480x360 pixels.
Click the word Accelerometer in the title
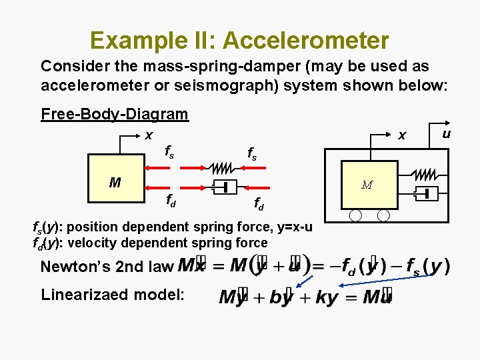click(306, 41)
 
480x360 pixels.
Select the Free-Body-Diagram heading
click(114, 114)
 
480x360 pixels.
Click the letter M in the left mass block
click(115, 182)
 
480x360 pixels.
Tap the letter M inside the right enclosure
click(367, 185)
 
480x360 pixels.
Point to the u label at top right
click(447, 133)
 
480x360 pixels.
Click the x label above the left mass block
click(149, 135)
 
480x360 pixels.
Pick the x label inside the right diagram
click(401, 135)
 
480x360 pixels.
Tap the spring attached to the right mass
click(425, 175)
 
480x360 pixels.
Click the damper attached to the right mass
click(425, 194)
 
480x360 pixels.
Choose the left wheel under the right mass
click(355, 215)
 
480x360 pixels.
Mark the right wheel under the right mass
click(383, 215)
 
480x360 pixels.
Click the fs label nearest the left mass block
click(170, 153)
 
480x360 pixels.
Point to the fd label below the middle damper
click(258, 204)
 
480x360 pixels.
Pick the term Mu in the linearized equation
click(377, 297)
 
